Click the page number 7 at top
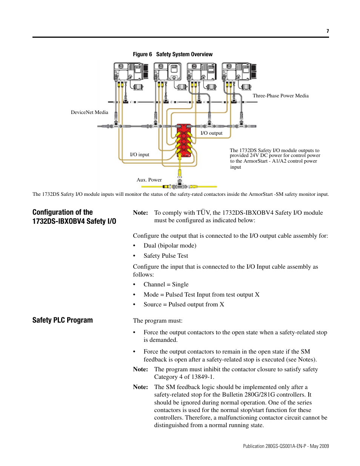coord(328,31)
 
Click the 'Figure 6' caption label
coord(142,54)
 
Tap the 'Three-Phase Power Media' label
coord(280,96)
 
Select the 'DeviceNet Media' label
coord(89,112)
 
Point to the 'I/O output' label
coord(211,133)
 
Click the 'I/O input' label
coord(140,155)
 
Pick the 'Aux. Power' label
coord(149,180)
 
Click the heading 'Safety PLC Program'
coord(63,320)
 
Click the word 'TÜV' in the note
coord(203,213)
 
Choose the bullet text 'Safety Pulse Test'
coord(166,256)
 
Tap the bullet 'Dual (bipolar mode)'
coord(170,246)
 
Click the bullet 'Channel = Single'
coord(166,285)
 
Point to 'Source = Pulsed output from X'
coord(184,305)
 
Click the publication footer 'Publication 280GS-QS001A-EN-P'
coord(274,446)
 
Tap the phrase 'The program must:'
coord(158,321)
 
